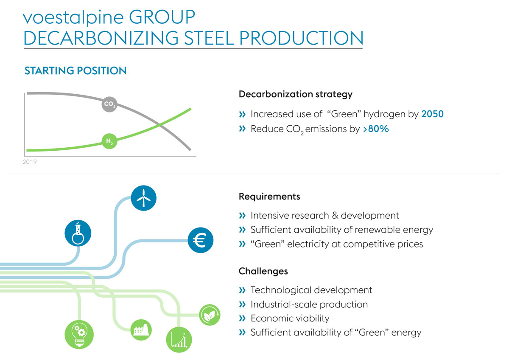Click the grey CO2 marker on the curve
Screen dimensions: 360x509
[x=109, y=104]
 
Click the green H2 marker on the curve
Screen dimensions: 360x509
[x=109, y=140]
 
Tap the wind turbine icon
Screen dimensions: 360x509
[x=144, y=197]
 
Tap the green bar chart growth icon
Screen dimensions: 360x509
[x=179, y=339]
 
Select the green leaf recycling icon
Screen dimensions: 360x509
[x=210, y=315]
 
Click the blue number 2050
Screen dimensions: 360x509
[x=432, y=114]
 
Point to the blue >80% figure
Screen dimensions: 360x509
[x=376, y=129]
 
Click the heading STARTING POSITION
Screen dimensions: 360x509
[x=76, y=71]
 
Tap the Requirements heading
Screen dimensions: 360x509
[x=269, y=197]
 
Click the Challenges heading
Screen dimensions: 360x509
[x=263, y=271]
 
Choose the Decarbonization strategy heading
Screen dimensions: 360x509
[x=296, y=94]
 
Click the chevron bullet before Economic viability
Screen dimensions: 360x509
[x=242, y=318]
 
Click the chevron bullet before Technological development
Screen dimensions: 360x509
[x=242, y=290]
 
